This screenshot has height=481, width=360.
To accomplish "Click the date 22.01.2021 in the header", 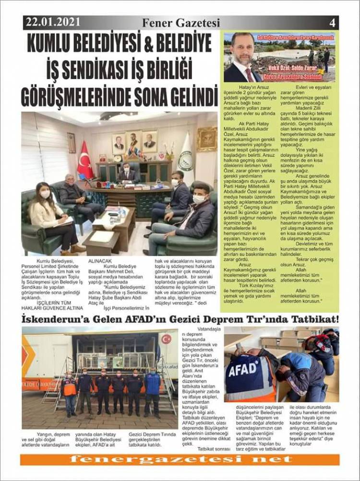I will click(53, 22).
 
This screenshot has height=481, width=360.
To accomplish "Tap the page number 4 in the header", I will click(332, 23).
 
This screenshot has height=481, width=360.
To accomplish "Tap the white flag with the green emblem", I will click(185, 153).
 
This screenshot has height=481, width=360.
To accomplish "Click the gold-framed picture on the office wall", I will click(207, 139).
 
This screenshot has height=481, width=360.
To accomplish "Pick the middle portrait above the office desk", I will click(134, 141).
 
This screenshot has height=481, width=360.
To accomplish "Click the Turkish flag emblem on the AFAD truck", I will click(166, 339).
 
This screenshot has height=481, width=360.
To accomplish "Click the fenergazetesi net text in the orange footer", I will click(180, 460).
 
